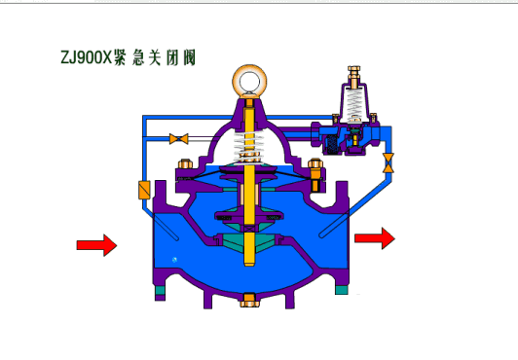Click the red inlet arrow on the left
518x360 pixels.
(x=96, y=245)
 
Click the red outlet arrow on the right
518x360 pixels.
(x=375, y=238)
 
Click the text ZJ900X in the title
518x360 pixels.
(x=87, y=57)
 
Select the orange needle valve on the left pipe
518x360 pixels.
(x=179, y=138)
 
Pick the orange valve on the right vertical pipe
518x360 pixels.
(x=388, y=163)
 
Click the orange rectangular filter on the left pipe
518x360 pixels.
(x=144, y=190)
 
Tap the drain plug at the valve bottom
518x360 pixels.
(x=249, y=300)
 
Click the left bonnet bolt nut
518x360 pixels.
(x=185, y=163)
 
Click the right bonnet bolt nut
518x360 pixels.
(x=314, y=163)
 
